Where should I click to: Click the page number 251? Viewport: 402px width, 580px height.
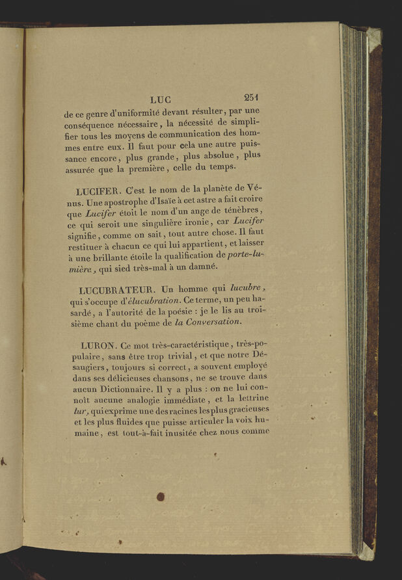252,98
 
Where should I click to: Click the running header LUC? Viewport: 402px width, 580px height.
159,99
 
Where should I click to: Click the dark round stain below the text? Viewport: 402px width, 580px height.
160,497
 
